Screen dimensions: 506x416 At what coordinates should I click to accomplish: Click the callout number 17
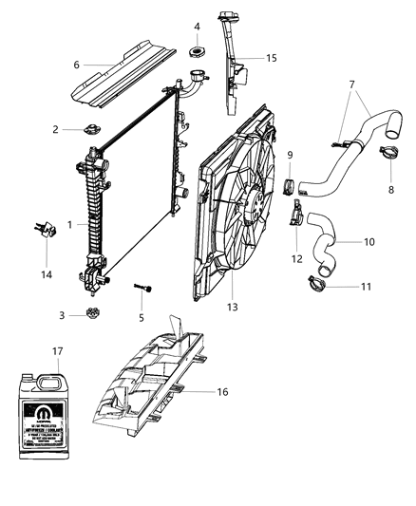pos(60,352)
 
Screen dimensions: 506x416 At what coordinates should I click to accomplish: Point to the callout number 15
pos(272,59)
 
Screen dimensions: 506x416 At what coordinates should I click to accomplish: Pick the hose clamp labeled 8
pos(390,149)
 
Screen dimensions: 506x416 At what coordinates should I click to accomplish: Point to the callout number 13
pos(232,307)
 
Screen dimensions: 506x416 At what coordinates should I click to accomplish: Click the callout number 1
pos(69,225)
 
